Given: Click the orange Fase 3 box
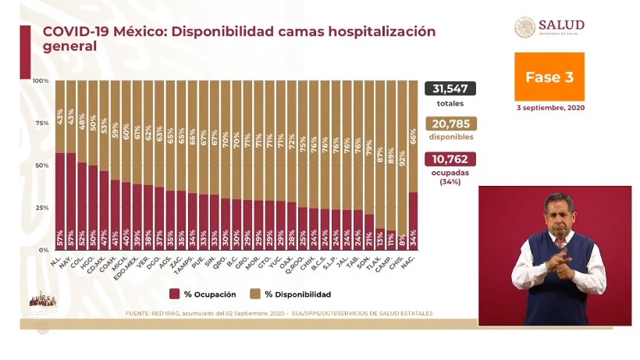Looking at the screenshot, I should point(549,77).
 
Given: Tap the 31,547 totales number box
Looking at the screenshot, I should point(450,88).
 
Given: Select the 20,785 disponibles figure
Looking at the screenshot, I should point(450,123).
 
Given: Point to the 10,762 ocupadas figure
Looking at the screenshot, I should point(450,159).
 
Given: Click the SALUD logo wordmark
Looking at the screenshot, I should point(561,26).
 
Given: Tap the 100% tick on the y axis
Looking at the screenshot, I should point(41,81).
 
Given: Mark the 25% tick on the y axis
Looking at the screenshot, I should point(42,208).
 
